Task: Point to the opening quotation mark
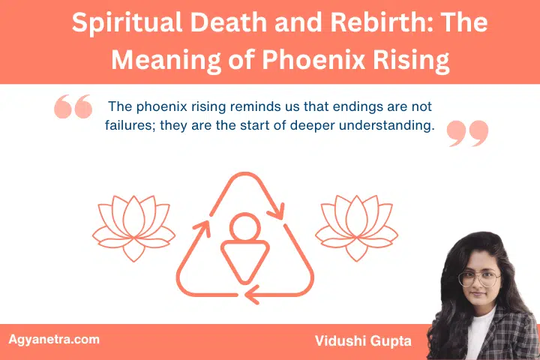coord(73,108)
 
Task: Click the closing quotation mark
coord(467,133)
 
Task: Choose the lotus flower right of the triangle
coord(346,225)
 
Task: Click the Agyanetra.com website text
coord(54,339)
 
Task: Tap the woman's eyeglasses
coord(478,277)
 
